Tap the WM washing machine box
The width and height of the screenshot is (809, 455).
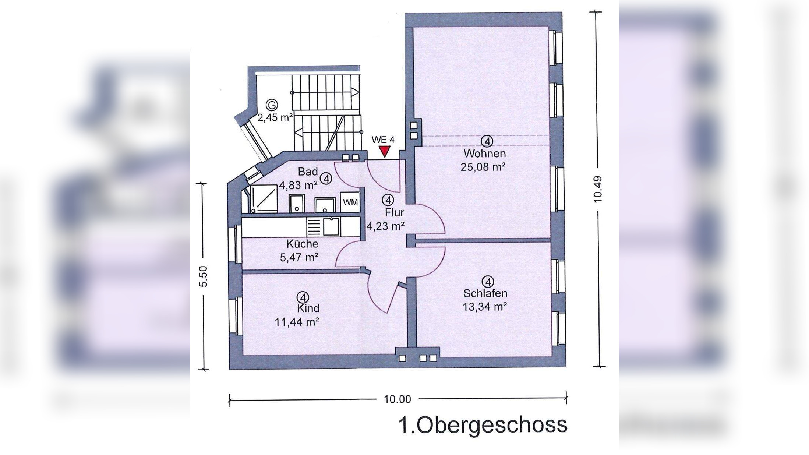(350, 202)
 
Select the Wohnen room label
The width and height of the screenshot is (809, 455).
(484, 153)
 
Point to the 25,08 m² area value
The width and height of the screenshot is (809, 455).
(483, 167)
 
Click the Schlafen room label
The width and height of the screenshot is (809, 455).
(485, 293)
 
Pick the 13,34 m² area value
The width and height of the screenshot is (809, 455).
(485, 307)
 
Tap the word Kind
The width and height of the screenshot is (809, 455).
(308, 308)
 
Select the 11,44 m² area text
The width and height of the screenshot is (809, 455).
(297, 322)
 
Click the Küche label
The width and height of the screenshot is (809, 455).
(302, 244)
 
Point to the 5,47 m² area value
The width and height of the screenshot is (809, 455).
(299, 257)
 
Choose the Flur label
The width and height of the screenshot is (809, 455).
(395, 212)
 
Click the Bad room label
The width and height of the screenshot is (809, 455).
(308, 172)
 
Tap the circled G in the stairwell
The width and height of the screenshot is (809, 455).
(272, 106)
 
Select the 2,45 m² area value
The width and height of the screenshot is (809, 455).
(275, 118)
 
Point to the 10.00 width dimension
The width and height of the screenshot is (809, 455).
(397, 399)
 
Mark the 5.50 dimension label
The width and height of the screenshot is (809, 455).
(204, 276)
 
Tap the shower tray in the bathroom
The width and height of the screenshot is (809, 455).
(264, 199)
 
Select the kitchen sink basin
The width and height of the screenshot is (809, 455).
(331, 227)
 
